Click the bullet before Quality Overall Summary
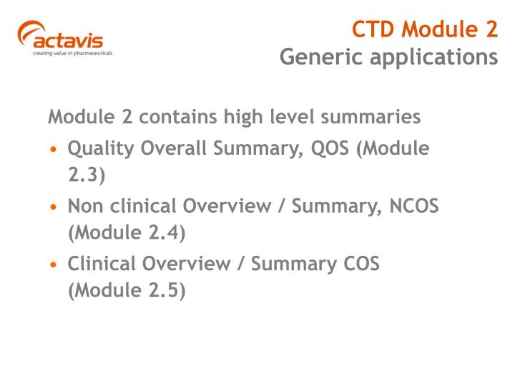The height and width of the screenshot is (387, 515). coord(54,150)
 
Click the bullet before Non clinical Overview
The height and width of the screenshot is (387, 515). coord(54,207)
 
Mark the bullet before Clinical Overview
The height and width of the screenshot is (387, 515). coord(54,264)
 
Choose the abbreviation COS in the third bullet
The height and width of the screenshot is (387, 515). coord(358,264)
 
